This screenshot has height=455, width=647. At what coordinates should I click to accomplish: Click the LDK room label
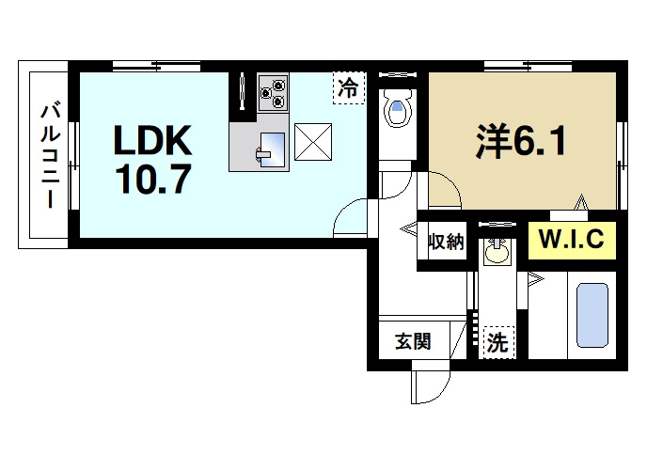[152, 140]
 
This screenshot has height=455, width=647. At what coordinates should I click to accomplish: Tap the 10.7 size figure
[153, 179]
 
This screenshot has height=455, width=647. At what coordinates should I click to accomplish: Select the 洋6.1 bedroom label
[522, 141]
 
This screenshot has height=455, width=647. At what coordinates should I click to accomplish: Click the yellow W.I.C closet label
[572, 240]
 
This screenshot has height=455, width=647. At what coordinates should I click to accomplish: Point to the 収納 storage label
[446, 242]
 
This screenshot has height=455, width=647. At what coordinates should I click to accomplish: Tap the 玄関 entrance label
[413, 341]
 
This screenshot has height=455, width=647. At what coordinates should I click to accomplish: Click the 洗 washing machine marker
[497, 342]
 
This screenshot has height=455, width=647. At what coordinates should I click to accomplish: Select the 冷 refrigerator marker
[349, 87]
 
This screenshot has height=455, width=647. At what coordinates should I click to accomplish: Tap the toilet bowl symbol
[397, 108]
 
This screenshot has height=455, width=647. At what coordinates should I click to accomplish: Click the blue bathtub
[592, 315]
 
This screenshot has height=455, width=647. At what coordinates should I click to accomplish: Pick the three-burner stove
[273, 92]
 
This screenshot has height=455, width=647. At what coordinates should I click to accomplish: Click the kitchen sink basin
[271, 149]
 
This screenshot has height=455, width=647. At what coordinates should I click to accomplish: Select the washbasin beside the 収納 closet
[497, 250]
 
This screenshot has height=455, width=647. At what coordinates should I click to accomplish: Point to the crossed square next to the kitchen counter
[313, 142]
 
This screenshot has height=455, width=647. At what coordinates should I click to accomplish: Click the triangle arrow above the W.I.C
[582, 202]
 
